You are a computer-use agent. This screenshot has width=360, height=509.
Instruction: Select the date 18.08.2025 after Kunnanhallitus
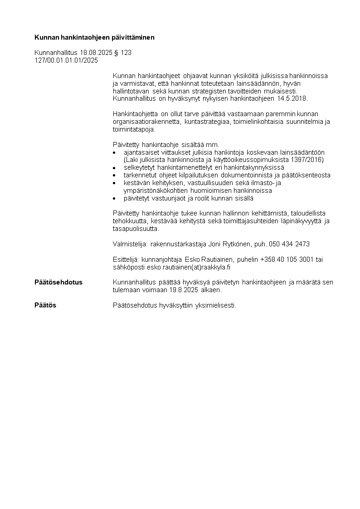point(96,53)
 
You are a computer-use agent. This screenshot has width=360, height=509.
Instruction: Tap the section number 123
point(126,53)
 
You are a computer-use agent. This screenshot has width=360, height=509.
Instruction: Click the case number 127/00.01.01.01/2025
point(66,60)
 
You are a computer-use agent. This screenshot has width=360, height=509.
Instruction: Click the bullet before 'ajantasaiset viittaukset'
point(115,153)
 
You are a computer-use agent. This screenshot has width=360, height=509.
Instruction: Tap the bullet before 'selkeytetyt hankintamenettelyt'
point(115,168)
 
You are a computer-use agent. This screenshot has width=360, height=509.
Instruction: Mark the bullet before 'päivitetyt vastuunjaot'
point(115,199)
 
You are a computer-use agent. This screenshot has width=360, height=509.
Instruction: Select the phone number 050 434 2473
point(289,244)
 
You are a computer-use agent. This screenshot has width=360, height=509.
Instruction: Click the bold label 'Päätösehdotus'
point(58,282)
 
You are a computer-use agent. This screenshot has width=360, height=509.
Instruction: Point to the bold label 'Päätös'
point(45,305)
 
